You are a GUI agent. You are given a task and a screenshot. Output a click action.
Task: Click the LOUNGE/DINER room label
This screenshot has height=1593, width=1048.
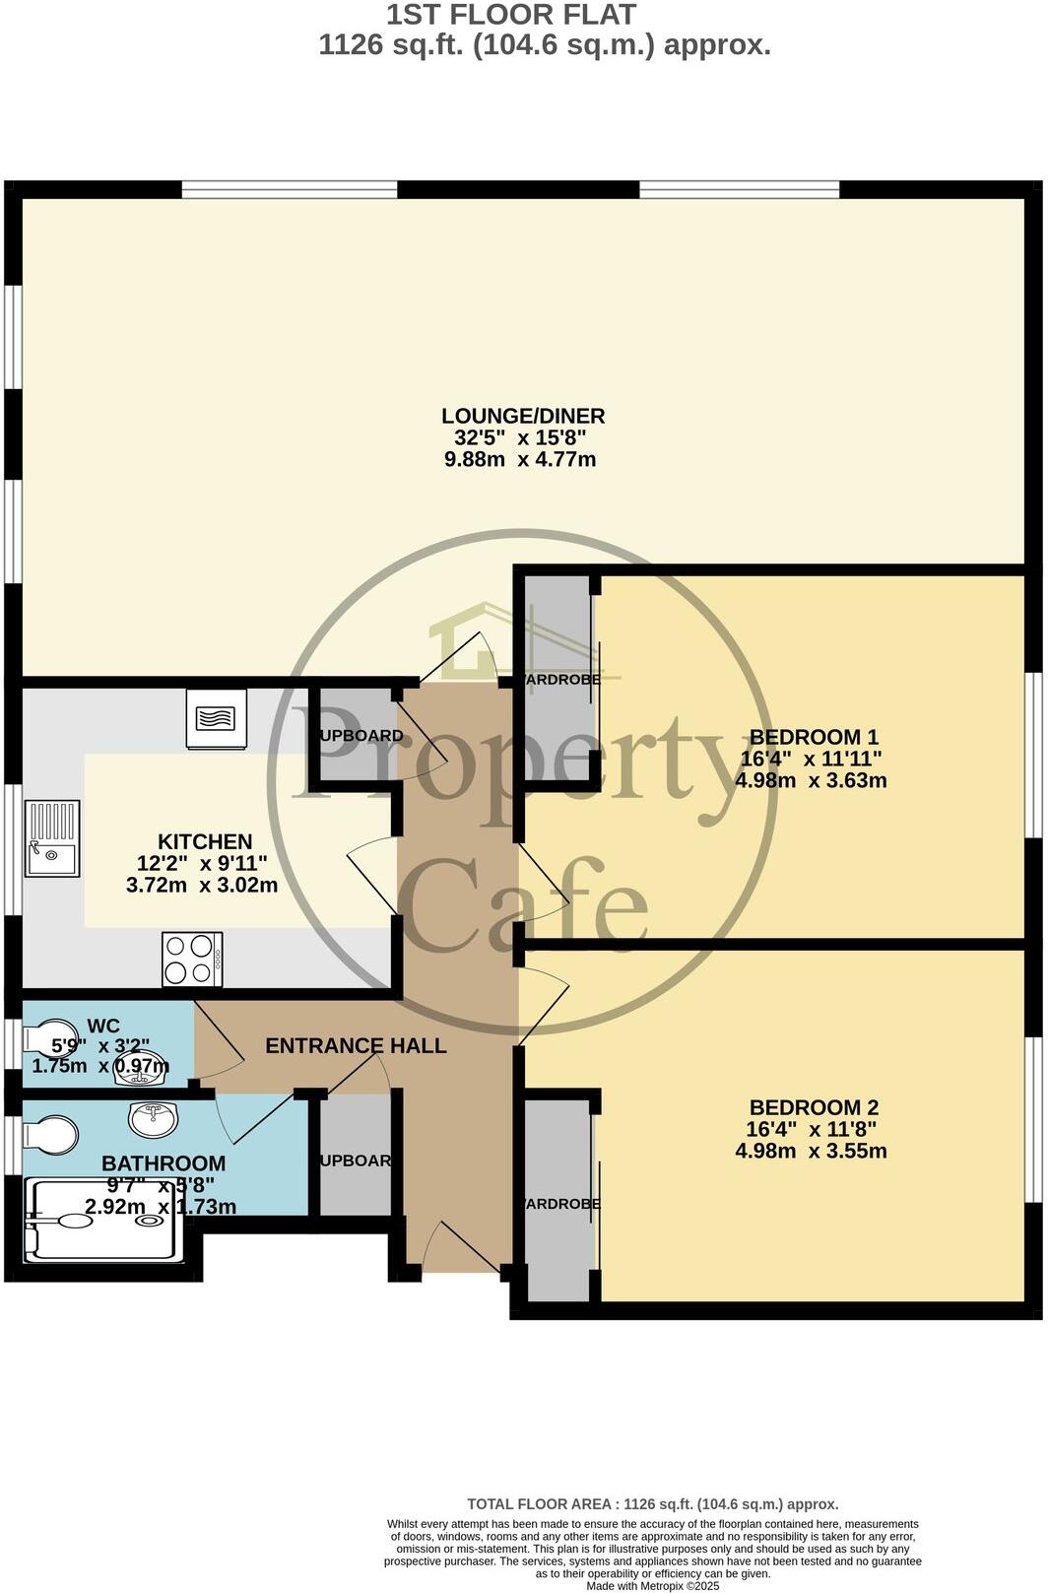(x=523, y=416)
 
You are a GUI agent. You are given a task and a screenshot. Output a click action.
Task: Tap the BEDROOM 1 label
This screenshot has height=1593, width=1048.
(x=814, y=737)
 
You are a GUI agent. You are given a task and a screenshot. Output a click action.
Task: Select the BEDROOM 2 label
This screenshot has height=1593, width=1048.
(x=814, y=1107)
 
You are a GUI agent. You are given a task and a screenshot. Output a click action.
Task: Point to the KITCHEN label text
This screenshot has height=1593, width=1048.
(x=205, y=842)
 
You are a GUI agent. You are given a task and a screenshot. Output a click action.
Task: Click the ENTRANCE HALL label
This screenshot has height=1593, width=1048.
(x=356, y=1046)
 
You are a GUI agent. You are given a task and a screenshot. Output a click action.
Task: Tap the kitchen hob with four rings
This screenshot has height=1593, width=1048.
(x=192, y=960)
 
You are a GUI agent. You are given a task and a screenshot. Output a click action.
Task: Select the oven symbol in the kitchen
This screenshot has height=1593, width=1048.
(x=217, y=719)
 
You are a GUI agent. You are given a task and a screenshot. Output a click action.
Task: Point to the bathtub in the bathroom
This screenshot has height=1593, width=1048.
(x=103, y=1220)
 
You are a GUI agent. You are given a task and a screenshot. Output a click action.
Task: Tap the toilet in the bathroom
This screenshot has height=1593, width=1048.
(x=49, y=1134)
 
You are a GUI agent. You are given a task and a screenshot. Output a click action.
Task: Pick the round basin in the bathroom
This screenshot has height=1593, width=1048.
(x=153, y=1118)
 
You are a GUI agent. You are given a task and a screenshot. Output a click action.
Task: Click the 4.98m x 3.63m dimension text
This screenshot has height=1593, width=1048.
(x=811, y=781)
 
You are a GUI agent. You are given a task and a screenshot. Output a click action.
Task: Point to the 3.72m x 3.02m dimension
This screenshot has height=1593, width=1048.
(x=202, y=886)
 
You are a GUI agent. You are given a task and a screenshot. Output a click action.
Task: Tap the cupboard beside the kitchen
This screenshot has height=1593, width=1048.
(x=353, y=736)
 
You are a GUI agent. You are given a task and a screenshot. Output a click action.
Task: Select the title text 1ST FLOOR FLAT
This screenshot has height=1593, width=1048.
(x=510, y=15)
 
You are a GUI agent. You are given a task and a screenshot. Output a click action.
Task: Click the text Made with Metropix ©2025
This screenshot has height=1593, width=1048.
(x=653, y=1586)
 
